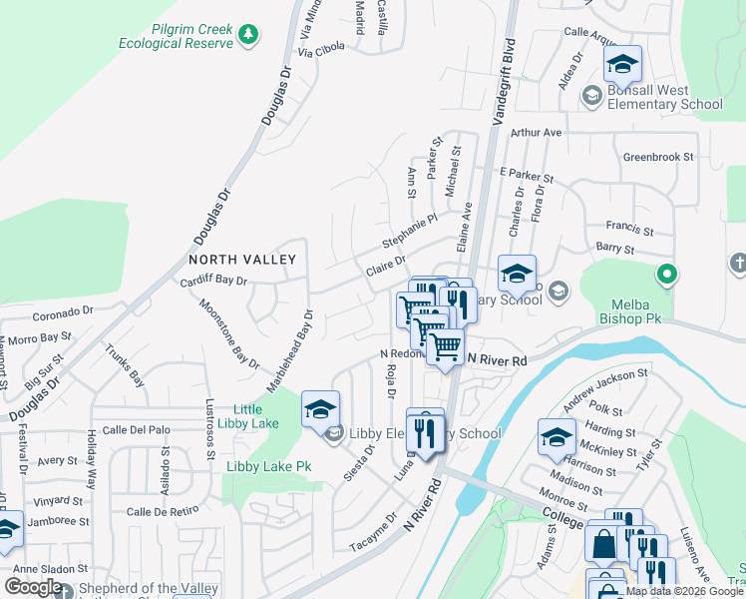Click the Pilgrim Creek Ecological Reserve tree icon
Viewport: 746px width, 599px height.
pos(248,36)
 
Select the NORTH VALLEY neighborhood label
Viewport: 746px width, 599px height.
pos(242,260)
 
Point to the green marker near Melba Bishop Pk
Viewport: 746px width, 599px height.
pos(666,274)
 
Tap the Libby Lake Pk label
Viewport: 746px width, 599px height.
pos(268,466)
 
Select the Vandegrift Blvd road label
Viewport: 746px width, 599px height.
pos(508,64)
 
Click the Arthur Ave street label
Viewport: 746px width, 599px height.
pos(536,133)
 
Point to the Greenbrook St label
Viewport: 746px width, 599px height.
pos(657,157)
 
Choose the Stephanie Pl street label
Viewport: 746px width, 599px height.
pos(410,232)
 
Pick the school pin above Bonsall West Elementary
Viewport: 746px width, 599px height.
pos(623,66)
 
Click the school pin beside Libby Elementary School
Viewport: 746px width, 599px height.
pos(320,409)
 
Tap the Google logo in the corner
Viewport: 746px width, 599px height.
pos(33,587)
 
